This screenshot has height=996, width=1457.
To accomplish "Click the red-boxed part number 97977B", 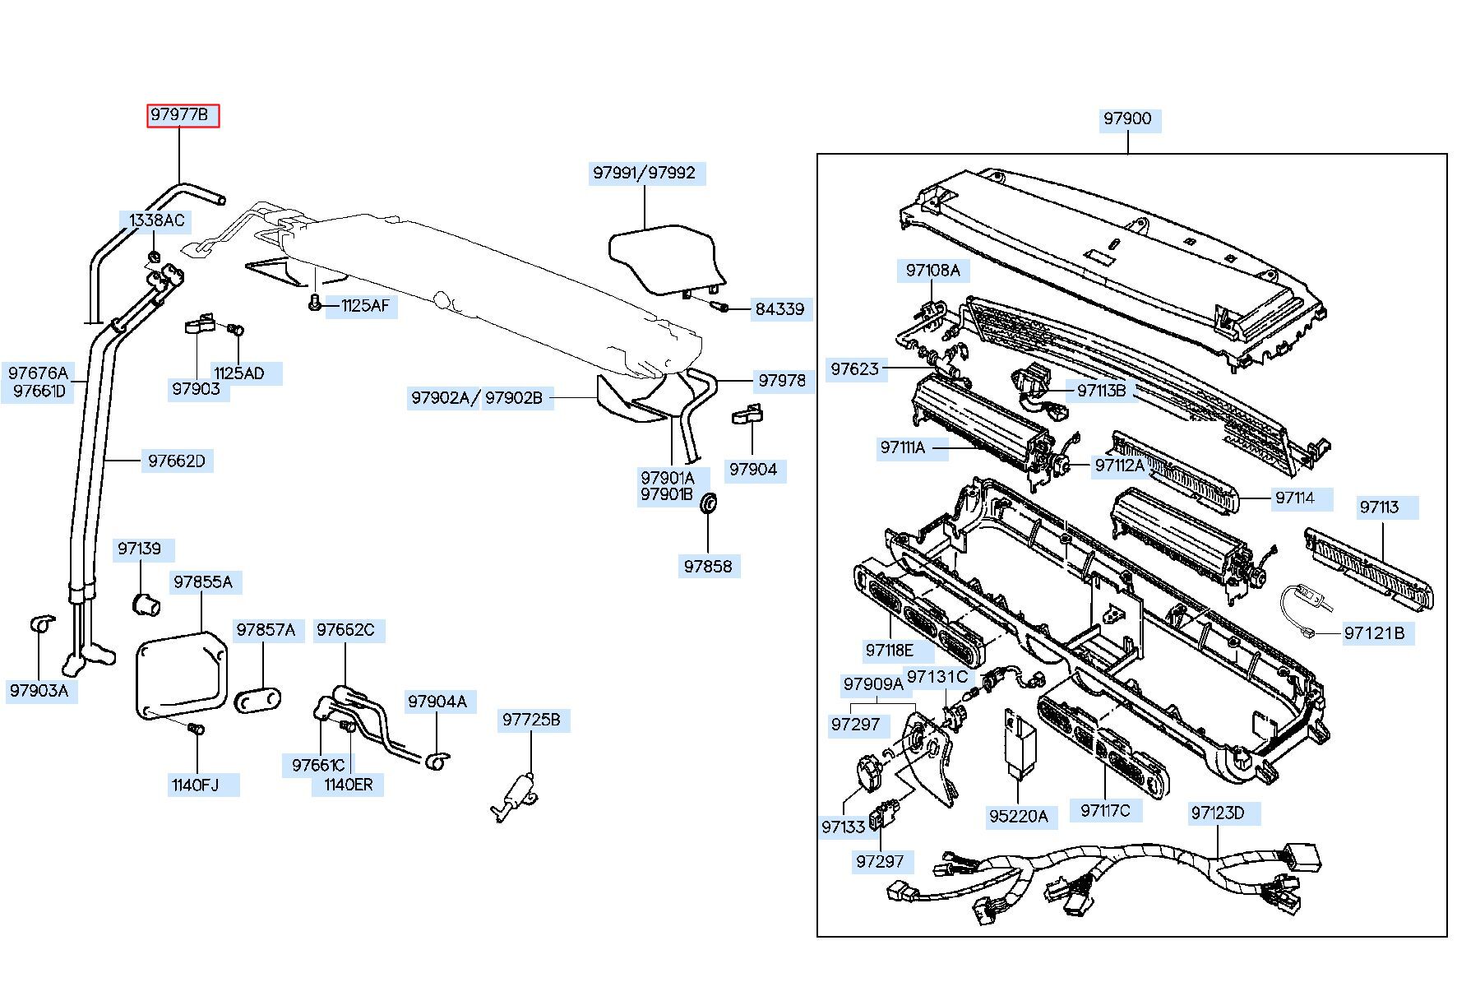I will [x=183, y=115].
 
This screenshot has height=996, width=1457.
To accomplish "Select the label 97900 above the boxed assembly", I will [x=1127, y=119].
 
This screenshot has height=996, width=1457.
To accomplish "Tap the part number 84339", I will [x=780, y=309].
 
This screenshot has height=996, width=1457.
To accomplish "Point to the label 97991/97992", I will [x=644, y=174].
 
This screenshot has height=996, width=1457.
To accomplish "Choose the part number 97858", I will [x=708, y=566].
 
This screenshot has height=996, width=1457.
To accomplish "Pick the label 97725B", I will [x=531, y=720].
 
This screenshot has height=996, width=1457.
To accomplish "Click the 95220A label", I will [x=1018, y=816].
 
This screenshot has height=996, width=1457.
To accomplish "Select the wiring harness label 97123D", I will [x=1217, y=813].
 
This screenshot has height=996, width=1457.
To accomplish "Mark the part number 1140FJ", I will [x=196, y=785].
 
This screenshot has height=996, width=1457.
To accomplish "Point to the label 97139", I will [x=139, y=549].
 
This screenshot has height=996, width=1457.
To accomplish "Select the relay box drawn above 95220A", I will [x=1017, y=741].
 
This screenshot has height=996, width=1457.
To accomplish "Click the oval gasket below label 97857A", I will [x=258, y=701].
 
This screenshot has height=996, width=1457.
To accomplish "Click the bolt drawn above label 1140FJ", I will [x=195, y=729].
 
